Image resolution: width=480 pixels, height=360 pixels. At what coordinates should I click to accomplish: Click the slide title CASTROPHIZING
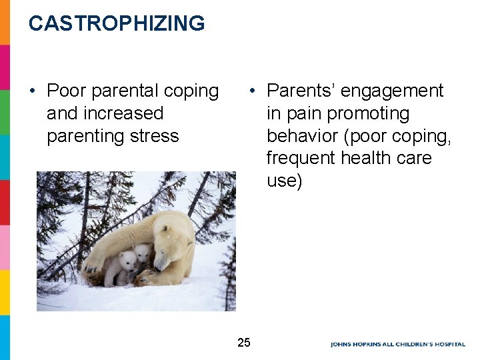(x=117, y=23)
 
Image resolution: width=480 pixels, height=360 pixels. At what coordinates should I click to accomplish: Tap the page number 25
(x=244, y=343)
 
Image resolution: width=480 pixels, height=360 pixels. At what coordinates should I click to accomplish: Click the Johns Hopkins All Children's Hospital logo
(x=398, y=344)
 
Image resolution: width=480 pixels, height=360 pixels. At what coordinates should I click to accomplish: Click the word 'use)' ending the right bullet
(x=284, y=181)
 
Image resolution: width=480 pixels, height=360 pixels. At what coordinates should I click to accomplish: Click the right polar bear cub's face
(x=142, y=253)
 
